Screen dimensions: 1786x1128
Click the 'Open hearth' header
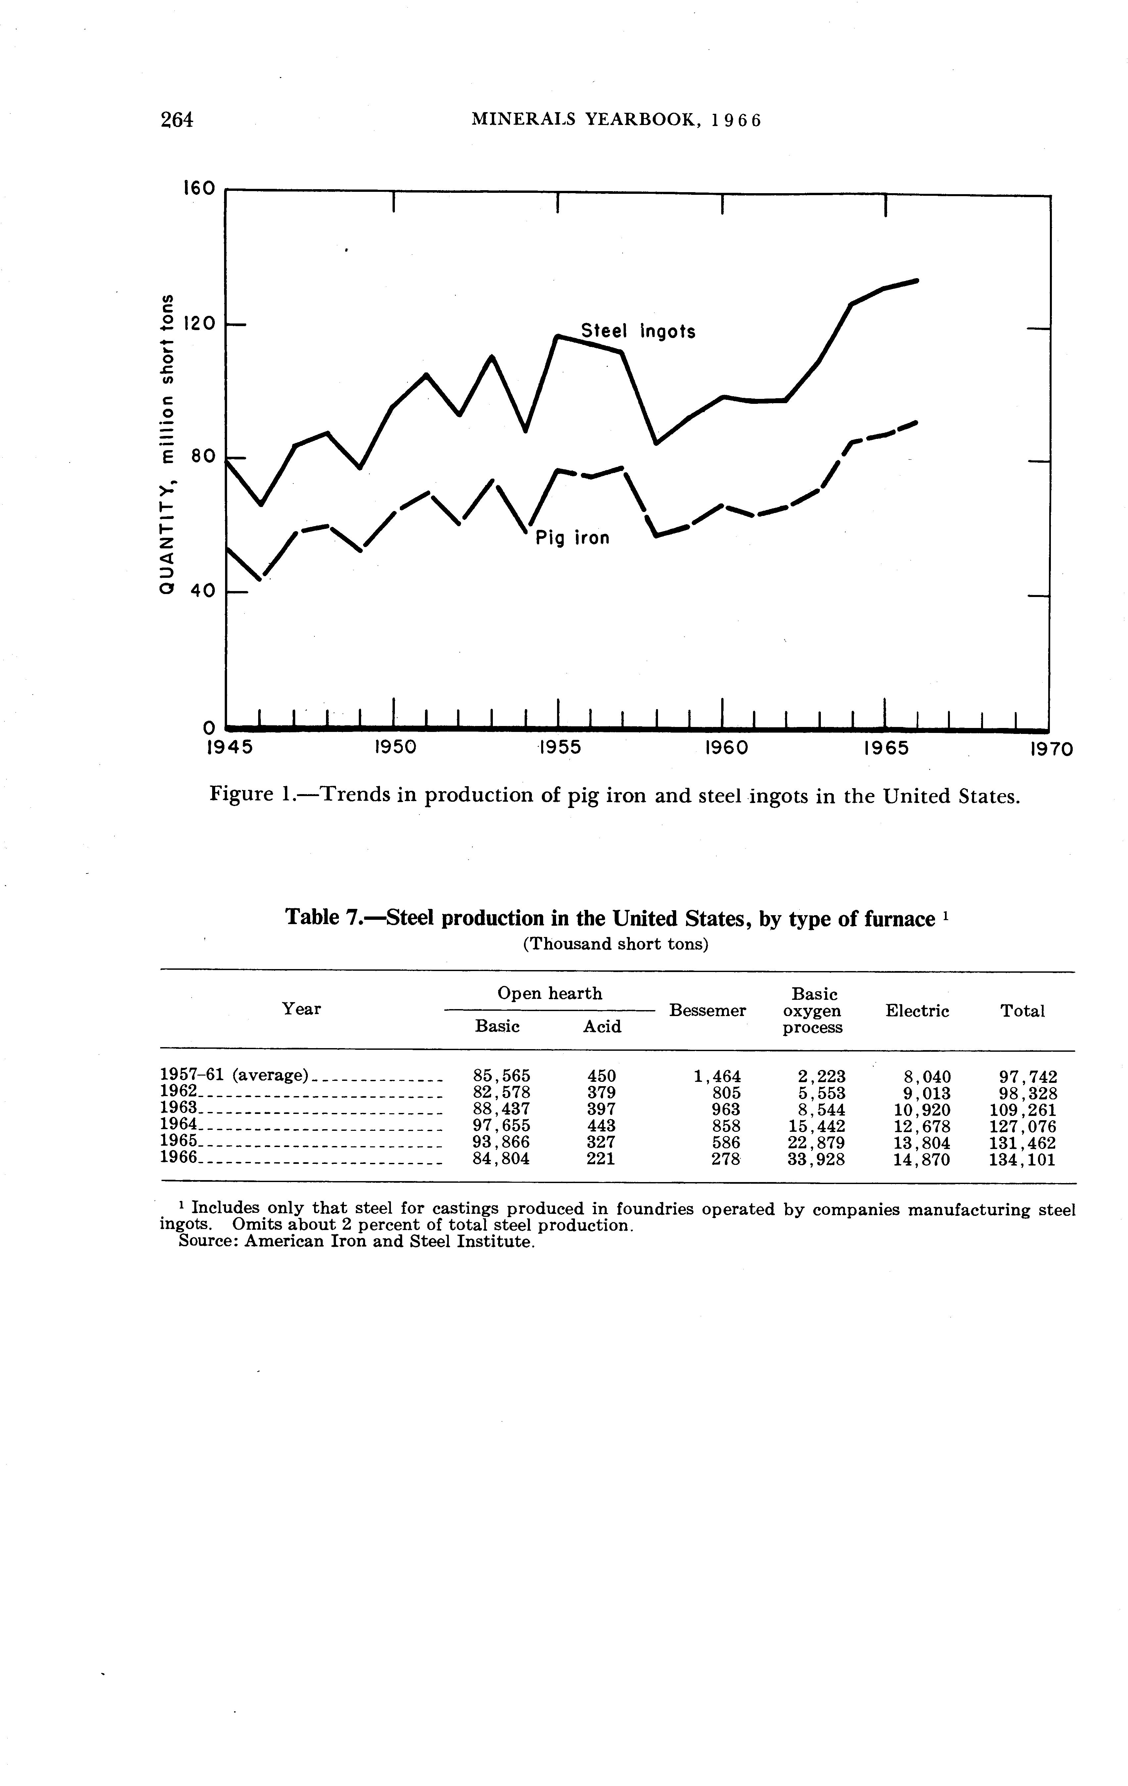pyautogui.click(x=549, y=993)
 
